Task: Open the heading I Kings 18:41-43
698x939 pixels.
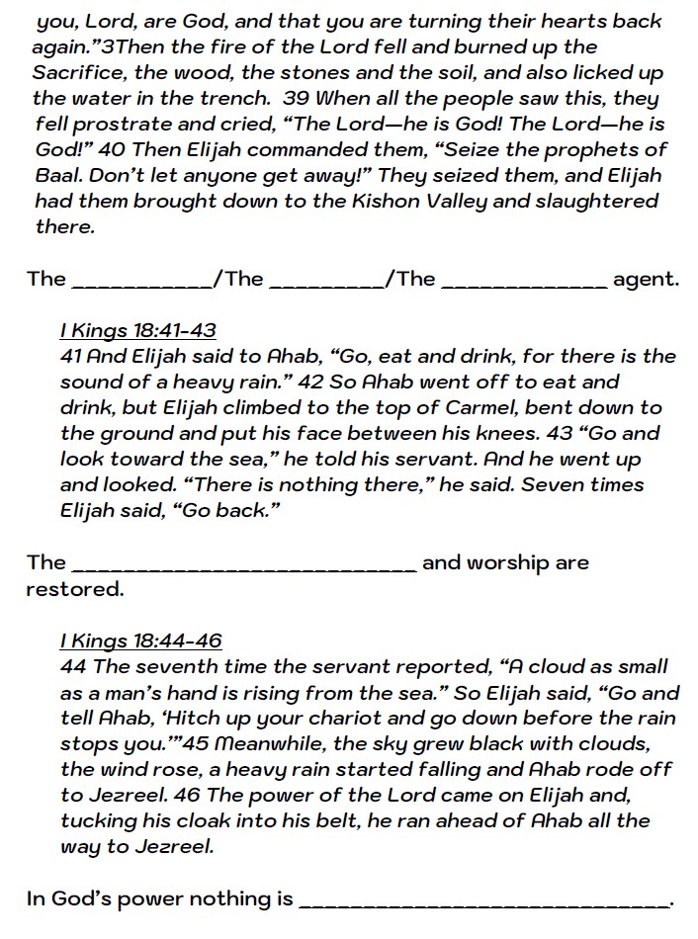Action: pos(138,330)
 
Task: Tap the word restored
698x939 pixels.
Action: pos(75,589)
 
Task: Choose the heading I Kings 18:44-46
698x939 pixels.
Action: pos(140,640)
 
